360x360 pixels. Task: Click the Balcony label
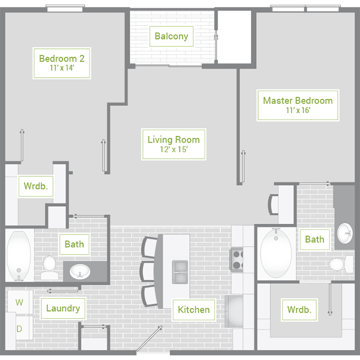tap(171, 37)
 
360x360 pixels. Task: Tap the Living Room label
tap(174, 144)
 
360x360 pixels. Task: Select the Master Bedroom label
tap(298, 105)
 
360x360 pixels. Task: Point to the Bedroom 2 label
tap(62, 63)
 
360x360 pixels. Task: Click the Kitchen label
tap(194, 310)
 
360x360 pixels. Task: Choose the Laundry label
tap(63, 308)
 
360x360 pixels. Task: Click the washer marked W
tap(20, 302)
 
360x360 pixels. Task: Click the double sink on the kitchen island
tap(180, 272)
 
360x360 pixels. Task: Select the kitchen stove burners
tap(237, 260)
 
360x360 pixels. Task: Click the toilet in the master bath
tap(341, 264)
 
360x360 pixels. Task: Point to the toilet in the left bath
tap(49, 267)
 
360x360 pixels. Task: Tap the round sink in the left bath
tap(80, 272)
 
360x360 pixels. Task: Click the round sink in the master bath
tap(345, 233)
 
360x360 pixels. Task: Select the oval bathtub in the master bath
tap(276, 254)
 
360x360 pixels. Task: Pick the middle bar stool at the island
tap(148, 271)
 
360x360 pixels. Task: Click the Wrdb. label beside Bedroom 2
tap(36, 186)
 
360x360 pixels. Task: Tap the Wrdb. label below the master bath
tap(299, 310)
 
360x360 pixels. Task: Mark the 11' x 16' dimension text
tap(298, 110)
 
